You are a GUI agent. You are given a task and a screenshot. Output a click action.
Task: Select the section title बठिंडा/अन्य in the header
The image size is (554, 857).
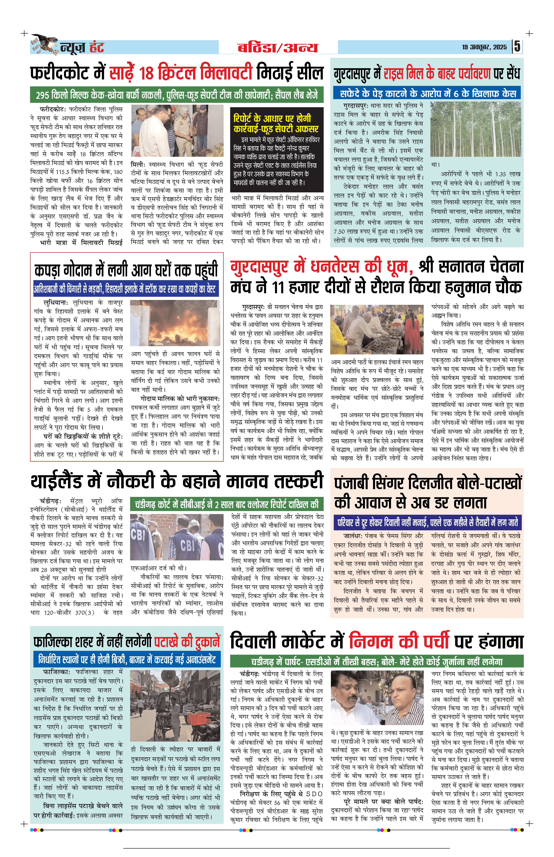pyautogui.click(x=278, y=48)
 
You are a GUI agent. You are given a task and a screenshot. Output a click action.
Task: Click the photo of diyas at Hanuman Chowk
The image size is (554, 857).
pyautogui.click(x=377, y=329)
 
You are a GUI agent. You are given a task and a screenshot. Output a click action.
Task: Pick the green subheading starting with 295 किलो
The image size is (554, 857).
pyautogui.click(x=177, y=95)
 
